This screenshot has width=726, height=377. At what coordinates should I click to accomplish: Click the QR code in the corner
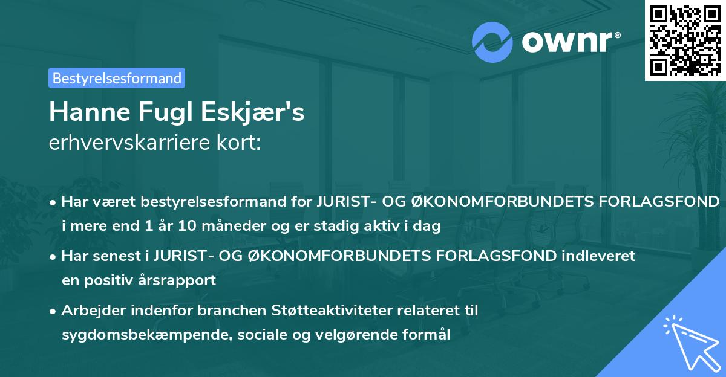[x=685, y=40]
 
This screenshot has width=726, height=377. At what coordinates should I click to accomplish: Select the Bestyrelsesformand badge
[x=117, y=78]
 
